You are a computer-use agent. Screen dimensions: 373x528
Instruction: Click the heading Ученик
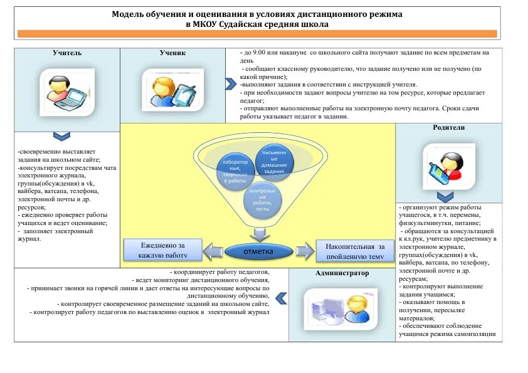pyautogui.click(x=172, y=53)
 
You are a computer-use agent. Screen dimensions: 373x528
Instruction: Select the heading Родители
pyautogui.click(x=448, y=127)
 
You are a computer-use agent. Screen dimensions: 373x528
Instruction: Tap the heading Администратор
pyautogui.click(x=342, y=273)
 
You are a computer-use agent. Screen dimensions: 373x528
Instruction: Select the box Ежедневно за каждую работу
pyautogui.click(x=163, y=249)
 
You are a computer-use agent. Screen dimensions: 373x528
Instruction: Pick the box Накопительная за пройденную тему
pyautogui.click(x=354, y=250)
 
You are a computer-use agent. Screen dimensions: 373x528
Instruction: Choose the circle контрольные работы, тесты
pyautogui.click(x=262, y=199)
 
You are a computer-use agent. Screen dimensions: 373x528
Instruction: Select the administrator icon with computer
pyautogui.click(x=342, y=307)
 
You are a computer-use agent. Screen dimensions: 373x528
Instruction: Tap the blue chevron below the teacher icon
pyautogui.click(x=61, y=136)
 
